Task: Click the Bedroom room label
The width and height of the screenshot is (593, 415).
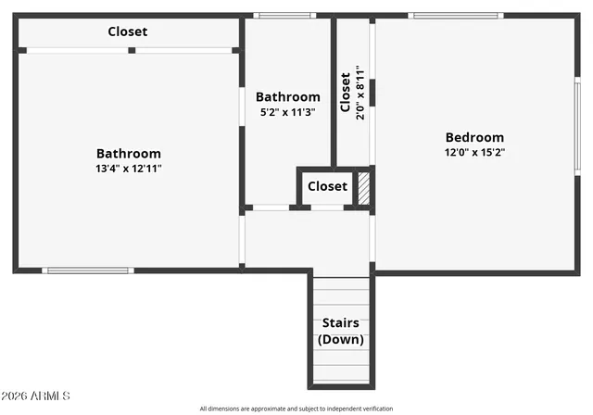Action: (x=474, y=137)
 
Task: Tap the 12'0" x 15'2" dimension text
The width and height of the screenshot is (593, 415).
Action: (x=474, y=153)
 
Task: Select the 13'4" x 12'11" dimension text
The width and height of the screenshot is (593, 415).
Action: (x=129, y=169)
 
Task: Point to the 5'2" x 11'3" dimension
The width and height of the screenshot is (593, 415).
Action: (x=288, y=112)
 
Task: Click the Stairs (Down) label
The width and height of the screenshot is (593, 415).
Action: (x=341, y=331)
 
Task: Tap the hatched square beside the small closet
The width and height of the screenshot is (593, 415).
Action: (x=364, y=187)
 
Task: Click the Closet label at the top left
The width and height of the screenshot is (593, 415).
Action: (x=128, y=31)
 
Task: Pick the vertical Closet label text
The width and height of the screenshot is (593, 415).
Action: (x=346, y=93)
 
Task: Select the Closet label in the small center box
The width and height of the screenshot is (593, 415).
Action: (x=327, y=186)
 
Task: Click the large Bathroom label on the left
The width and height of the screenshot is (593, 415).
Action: (x=129, y=154)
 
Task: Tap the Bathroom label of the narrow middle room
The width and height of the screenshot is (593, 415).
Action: (x=288, y=96)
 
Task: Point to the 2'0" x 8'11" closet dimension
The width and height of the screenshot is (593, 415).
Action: (x=360, y=93)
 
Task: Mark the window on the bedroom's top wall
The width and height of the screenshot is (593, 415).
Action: (x=455, y=16)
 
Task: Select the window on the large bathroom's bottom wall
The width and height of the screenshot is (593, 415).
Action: (x=76, y=270)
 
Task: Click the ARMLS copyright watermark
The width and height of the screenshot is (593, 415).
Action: (x=37, y=396)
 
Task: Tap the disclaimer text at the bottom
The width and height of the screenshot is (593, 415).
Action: (x=296, y=409)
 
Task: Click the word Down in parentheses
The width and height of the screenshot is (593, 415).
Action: (x=341, y=339)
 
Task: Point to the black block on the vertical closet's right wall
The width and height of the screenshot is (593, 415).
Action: (x=372, y=93)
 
